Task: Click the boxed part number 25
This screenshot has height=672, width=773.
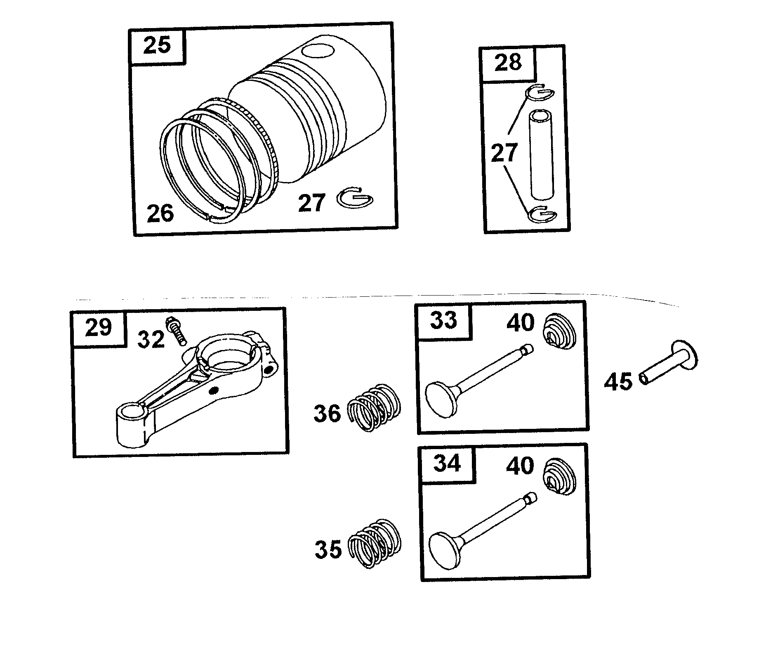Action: click(157, 45)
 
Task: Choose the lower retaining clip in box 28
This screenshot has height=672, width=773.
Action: click(542, 213)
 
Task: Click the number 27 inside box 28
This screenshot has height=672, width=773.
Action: click(504, 153)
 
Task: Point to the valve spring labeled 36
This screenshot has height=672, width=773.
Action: click(375, 407)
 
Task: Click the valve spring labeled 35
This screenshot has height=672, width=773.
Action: click(375, 542)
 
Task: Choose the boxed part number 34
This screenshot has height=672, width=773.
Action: click(447, 464)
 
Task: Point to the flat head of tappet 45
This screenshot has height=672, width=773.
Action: click(684, 356)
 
